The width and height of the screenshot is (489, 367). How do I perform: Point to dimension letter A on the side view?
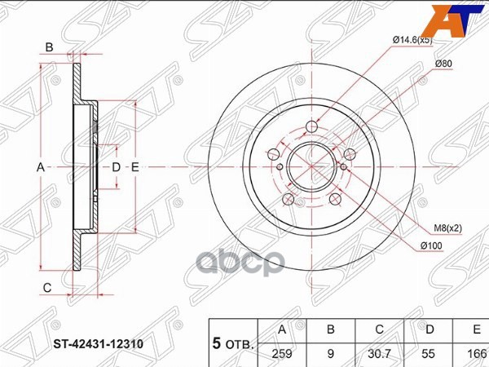[x=39, y=167]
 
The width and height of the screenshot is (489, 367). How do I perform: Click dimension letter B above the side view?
[x=49, y=48]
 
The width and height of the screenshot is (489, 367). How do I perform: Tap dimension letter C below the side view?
[x=47, y=287]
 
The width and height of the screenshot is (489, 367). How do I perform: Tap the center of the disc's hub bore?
[x=312, y=168]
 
